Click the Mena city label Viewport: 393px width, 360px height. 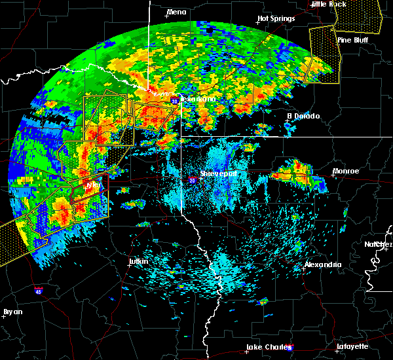pos(177,12)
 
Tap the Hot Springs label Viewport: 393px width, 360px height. pos(276,19)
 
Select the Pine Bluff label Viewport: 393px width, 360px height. pos(352,40)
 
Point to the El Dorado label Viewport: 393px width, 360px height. pos(304,116)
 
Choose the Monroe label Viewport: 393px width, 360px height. pos(346,171)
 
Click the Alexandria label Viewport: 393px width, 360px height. pos(323,265)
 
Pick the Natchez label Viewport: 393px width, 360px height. pos(379,244)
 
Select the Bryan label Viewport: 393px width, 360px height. pos(12,312)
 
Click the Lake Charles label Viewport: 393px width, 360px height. pos(266,347)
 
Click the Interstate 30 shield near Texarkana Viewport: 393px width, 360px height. pos(174,101)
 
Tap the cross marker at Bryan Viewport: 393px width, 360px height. pos(5,316)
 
